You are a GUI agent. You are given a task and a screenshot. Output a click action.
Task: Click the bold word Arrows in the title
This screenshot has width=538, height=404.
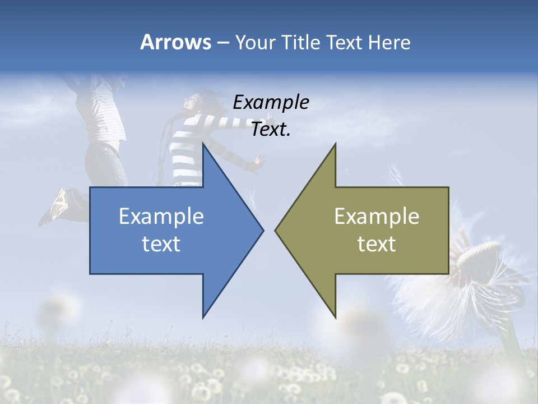point(175,42)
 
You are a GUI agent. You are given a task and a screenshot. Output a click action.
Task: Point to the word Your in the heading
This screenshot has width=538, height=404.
point(255,43)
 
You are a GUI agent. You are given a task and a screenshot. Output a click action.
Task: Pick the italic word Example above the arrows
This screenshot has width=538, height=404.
point(271,102)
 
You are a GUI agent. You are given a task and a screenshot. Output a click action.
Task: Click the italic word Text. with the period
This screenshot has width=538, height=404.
point(271,129)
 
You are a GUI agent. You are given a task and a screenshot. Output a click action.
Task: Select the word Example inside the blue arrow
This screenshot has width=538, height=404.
point(161,217)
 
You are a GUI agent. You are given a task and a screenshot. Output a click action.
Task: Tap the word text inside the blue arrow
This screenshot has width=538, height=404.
point(161,244)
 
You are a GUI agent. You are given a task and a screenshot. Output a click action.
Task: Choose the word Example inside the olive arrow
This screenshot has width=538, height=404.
point(377,217)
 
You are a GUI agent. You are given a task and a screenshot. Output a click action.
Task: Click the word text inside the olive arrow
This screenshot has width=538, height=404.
point(377,244)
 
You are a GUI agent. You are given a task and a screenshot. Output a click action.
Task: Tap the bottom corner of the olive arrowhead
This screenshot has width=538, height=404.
point(335,316)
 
